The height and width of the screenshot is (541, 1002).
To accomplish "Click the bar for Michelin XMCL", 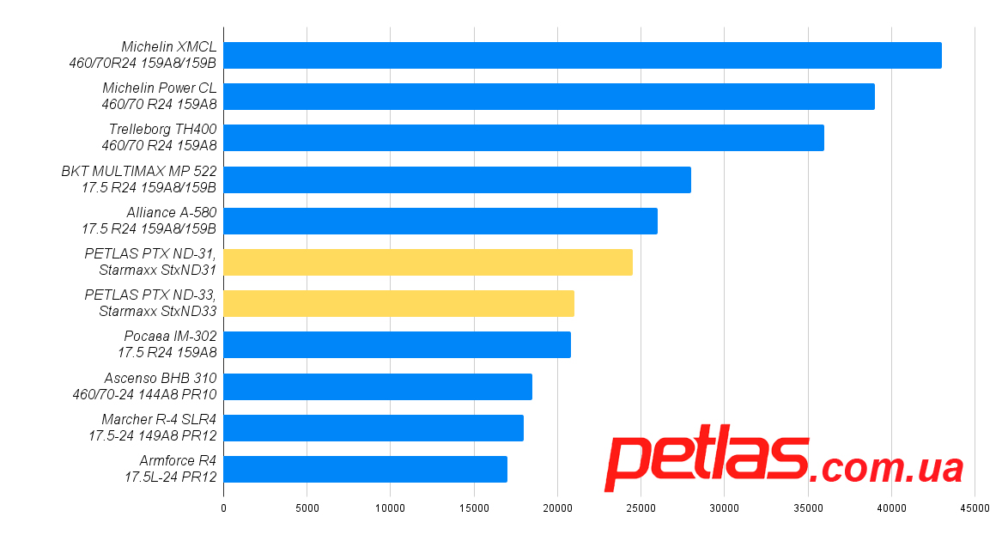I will [582, 55].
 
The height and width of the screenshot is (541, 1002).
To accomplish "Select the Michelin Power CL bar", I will [549, 96].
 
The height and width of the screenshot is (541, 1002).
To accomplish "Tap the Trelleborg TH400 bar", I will [524, 137].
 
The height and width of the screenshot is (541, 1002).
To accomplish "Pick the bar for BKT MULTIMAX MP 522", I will [457, 179].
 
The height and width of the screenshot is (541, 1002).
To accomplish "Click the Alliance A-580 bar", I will [440, 221].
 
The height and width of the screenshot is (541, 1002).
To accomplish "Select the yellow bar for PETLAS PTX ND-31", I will [428, 262].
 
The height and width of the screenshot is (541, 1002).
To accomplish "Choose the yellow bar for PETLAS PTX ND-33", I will [398, 303].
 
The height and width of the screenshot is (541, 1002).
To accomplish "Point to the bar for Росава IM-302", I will [397, 344].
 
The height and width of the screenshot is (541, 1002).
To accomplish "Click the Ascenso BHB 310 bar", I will [378, 386].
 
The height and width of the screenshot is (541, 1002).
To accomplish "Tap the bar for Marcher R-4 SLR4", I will [373, 428].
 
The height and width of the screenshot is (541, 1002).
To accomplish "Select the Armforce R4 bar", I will [365, 469].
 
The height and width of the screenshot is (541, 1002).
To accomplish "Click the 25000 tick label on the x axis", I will [641, 508].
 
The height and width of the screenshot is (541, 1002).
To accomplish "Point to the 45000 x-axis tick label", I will [975, 508].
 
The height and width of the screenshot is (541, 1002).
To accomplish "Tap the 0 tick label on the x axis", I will [223, 508].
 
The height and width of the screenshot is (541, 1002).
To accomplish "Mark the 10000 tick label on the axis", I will [390, 508].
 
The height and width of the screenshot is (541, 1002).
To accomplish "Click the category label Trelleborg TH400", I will [162, 130].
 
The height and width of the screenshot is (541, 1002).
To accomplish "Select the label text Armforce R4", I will [178, 461].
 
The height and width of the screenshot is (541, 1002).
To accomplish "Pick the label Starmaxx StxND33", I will [157, 311].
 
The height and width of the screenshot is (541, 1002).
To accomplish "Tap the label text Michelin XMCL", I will [168, 47].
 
